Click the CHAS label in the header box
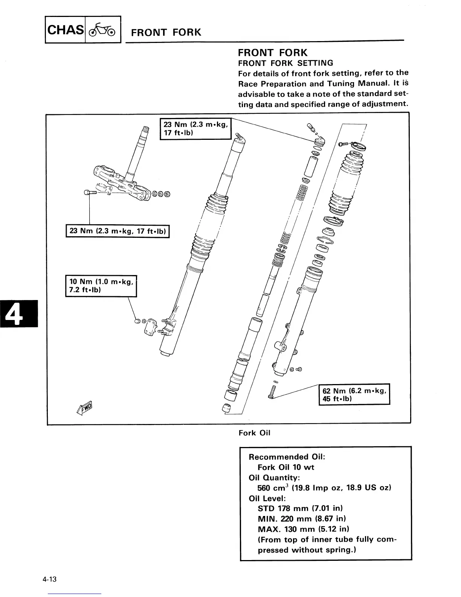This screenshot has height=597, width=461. point(65,30)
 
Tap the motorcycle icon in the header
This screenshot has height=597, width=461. point(102,30)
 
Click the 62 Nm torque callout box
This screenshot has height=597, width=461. point(354,395)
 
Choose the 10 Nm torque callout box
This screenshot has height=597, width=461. point(101,286)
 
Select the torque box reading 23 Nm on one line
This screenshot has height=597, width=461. point(118,231)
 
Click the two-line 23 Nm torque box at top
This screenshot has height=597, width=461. point(195,129)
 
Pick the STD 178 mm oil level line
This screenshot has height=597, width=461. point(300,508)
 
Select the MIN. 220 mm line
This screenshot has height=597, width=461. point(302,519)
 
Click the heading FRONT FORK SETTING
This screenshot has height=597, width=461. point(285,63)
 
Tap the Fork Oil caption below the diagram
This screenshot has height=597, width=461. point(254,433)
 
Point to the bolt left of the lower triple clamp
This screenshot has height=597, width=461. point(91,193)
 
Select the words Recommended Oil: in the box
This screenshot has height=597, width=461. point(287,457)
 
